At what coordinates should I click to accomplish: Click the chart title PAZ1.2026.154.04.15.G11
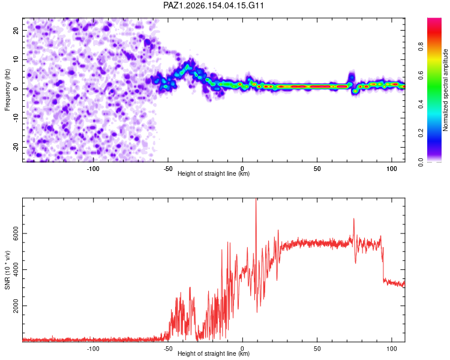tap(213, 5)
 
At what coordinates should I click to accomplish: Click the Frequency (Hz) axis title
tap(7, 90)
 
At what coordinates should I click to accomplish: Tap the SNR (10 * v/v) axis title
tap(7, 270)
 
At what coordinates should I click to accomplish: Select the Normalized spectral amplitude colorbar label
tap(445, 90)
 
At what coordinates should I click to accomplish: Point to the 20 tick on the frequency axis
tap(16, 30)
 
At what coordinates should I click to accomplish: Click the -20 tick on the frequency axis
tap(16, 147)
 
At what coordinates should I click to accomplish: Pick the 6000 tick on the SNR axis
tap(16, 233)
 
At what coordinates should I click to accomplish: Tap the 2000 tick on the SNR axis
tap(16, 306)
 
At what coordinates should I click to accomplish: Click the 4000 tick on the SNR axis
tap(16, 269)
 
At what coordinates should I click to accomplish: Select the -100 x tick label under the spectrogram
tap(93, 169)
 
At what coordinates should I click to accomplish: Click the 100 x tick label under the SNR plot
tap(392, 349)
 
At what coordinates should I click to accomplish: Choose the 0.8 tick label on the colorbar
tap(421, 46)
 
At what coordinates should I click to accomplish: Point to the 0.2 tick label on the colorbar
tap(421, 133)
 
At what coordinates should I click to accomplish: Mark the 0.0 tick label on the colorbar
tap(421, 162)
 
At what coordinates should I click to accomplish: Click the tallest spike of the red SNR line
tap(256, 199)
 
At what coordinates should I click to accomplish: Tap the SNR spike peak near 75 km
tap(353, 219)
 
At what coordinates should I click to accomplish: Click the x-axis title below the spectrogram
tap(214, 173)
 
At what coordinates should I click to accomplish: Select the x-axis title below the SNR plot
tap(214, 353)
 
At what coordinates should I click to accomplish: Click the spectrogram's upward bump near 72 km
tap(352, 76)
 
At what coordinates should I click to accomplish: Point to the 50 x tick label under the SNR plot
tap(317, 349)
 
